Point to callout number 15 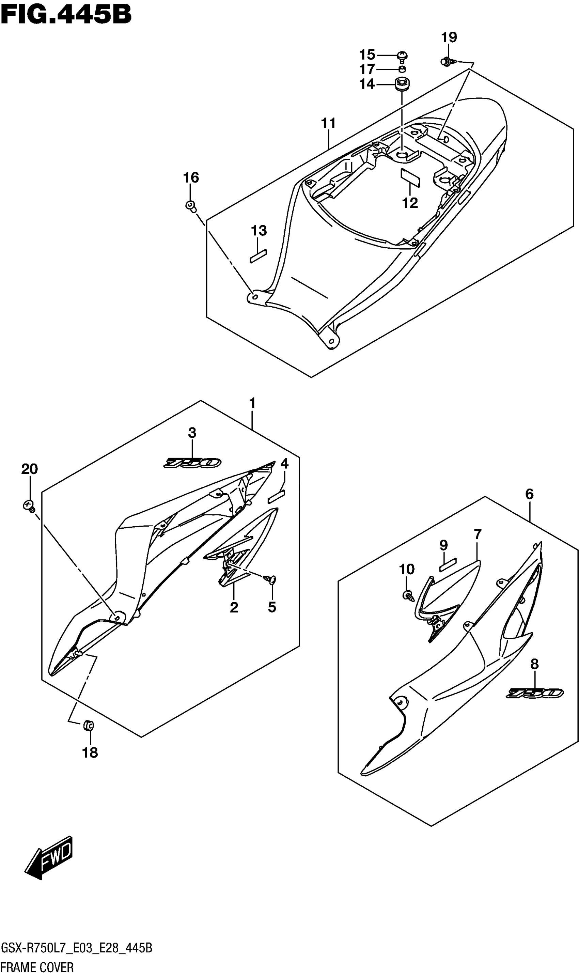pos(367,55)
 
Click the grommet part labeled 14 pos(402,84)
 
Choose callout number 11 pos(329,123)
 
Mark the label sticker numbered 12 pos(410,178)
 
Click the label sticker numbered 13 pos(258,257)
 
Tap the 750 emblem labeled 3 pos(192,463)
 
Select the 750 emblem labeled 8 pos(534,693)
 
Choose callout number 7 pos(478,534)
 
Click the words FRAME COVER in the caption pos(37,968)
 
